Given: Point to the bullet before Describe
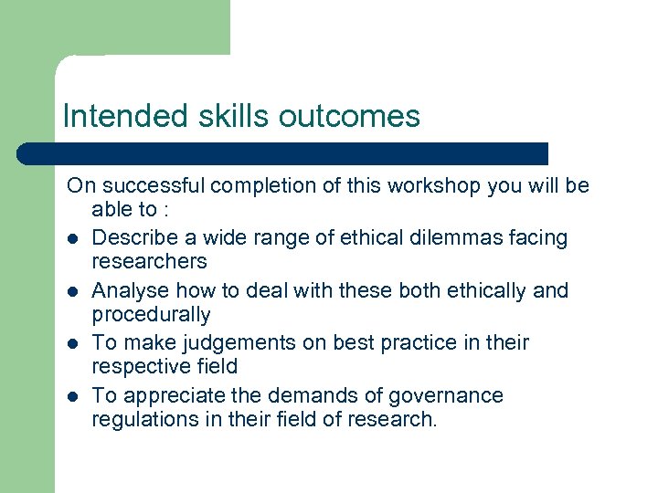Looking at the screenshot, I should coord(71,238).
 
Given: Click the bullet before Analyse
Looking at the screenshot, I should coord(71,291).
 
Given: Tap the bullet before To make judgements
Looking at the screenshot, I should coord(71,344).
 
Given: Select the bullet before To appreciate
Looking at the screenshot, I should coord(71,396).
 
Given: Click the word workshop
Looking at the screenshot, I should coord(434,186).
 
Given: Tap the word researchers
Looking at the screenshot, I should coord(149,262).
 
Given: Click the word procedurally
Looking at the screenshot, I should coord(151,315).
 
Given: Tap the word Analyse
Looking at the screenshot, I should coord(130,291).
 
